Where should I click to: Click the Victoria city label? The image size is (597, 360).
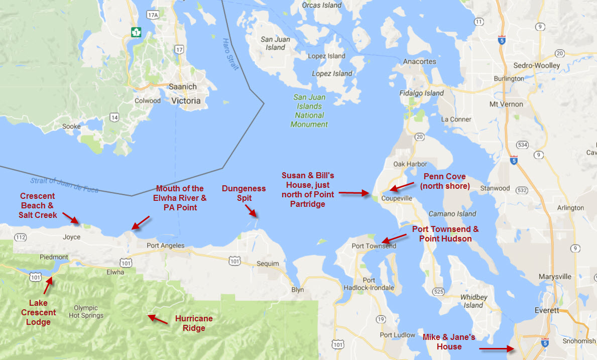186,100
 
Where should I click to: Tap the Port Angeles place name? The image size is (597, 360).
165,246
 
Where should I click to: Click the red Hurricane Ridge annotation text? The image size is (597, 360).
193,323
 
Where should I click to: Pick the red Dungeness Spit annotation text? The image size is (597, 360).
244,193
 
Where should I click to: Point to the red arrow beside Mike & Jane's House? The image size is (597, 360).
495,347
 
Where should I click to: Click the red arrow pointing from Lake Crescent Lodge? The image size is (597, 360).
48,284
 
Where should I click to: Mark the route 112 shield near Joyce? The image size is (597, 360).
21,237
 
